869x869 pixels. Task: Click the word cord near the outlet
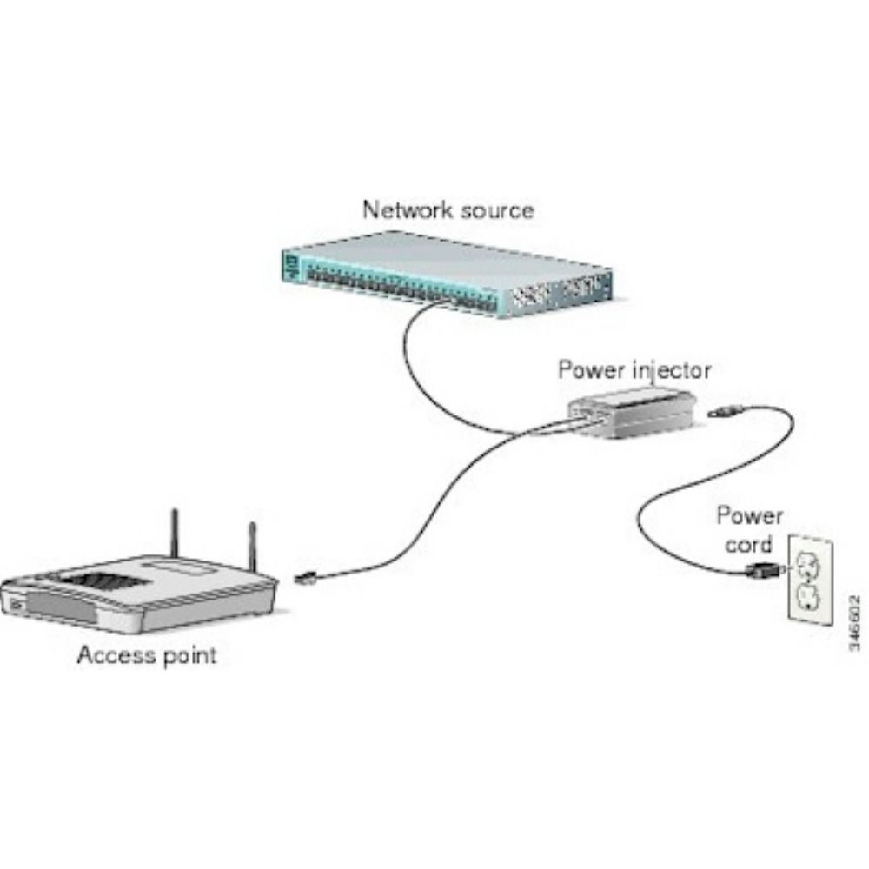click(x=748, y=545)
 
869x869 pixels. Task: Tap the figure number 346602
click(x=855, y=623)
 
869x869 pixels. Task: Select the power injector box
click(x=632, y=412)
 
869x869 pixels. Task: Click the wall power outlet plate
click(x=810, y=579)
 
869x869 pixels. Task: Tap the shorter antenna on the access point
click(x=253, y=547)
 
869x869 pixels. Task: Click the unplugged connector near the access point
click(x=305, y=577)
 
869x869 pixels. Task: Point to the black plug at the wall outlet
click(x=763, y=570)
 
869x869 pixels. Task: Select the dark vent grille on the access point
click(x=102, y=583)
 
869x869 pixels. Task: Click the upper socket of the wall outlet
click(x=808, y=566)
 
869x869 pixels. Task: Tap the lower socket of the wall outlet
click(x=808, y=599)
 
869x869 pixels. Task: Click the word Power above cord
click(x=749, y=516)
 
